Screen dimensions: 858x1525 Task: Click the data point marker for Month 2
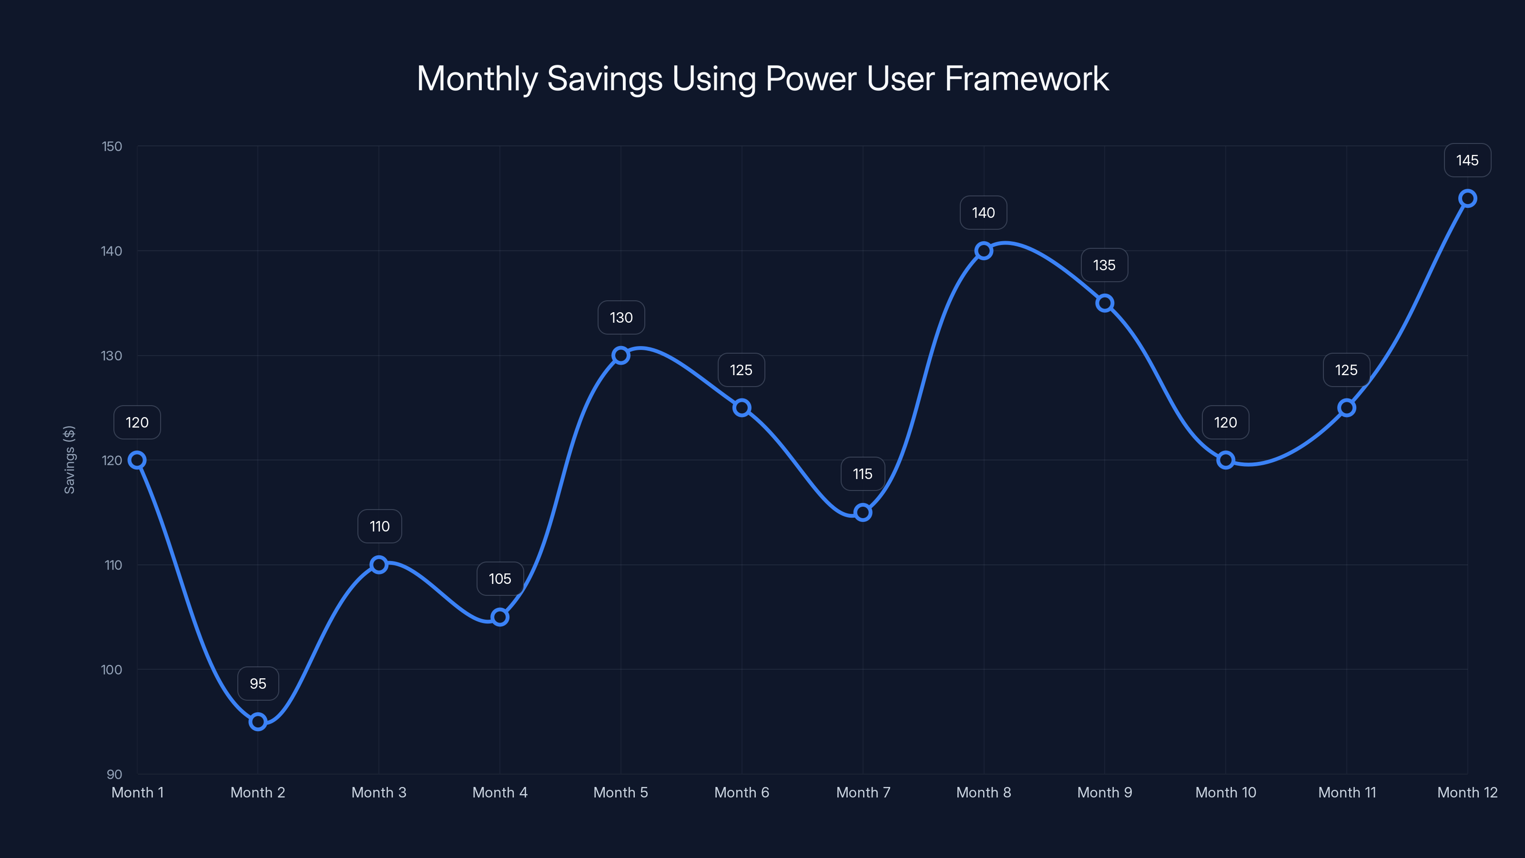(257, 721)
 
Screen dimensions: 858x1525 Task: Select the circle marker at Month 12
(1468, 198)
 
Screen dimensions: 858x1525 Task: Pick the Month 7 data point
(863, 512)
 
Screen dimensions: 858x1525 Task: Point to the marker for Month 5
(620, 355)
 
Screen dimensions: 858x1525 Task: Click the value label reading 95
(257, 684)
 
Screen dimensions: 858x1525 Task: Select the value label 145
(1467, 161)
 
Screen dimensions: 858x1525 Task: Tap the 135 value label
(1104, 266)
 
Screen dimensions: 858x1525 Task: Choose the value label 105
(499, 579)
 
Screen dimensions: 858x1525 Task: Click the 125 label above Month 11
(1346, 370)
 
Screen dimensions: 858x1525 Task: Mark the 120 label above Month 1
(137, 422)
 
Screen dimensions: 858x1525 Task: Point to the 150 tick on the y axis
(112, 146)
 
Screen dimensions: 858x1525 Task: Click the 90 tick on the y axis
(114, 774)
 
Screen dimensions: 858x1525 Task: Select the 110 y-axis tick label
(113, 565)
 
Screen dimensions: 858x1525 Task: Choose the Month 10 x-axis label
(1225, 792)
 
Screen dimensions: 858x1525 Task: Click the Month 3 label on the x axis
(378, 792)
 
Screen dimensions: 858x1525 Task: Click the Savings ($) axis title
(69, 460)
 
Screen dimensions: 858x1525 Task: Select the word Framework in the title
(1026, 79)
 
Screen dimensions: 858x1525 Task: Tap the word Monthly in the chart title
(477, 79)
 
